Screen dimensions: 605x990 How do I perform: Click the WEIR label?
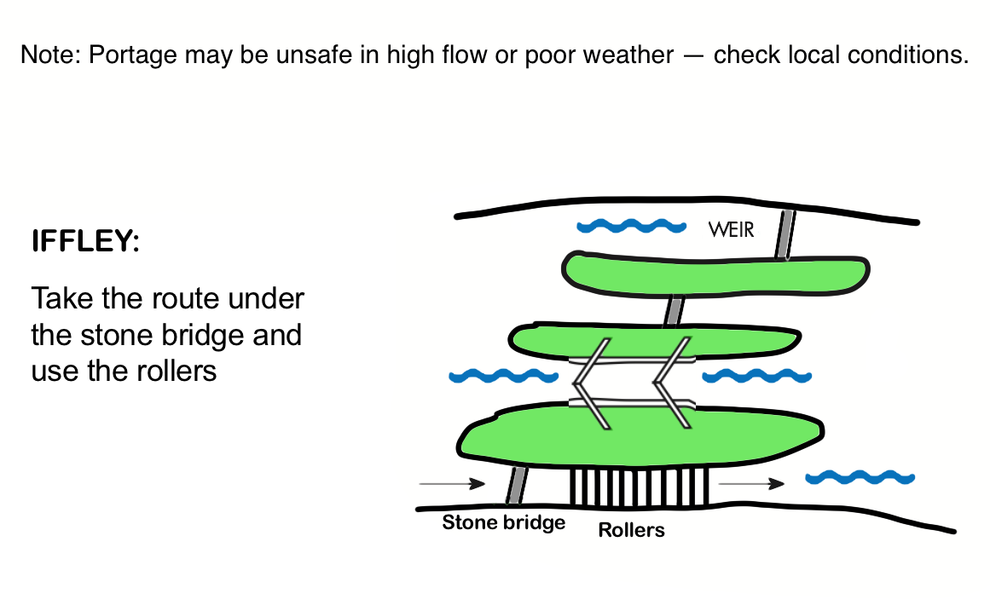pos(731,229)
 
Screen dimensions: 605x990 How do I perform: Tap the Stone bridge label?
pos(503,521)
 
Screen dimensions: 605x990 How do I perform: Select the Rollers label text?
pos(631,530)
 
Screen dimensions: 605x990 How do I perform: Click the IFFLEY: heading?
pos(84,241)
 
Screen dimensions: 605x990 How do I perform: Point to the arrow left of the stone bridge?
pos(452,484)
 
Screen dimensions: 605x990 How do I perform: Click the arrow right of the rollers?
pos(750,484)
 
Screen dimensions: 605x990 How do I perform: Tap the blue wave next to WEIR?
pos(631,227)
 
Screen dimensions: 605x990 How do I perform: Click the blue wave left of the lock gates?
pos(503,376)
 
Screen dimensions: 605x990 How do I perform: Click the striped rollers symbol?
pos(640,488)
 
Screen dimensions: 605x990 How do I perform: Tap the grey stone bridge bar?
pos(516,486)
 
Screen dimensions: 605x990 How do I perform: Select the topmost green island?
pos(716,272)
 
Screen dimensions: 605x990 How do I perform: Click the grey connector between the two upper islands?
pos(674,310)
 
